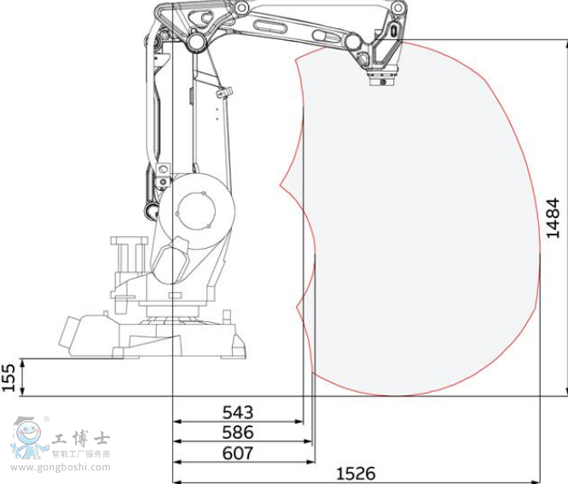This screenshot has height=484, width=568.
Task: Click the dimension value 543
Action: tap(237, 412)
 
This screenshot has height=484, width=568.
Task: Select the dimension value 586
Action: tap(237, 433)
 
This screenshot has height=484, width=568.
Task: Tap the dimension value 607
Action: tap(237, 453)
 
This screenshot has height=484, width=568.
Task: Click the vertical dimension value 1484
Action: tap(553, 217)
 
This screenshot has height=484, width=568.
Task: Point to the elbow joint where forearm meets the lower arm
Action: tap(196, 40)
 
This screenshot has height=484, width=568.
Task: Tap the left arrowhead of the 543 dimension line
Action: tap(177, 422)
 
